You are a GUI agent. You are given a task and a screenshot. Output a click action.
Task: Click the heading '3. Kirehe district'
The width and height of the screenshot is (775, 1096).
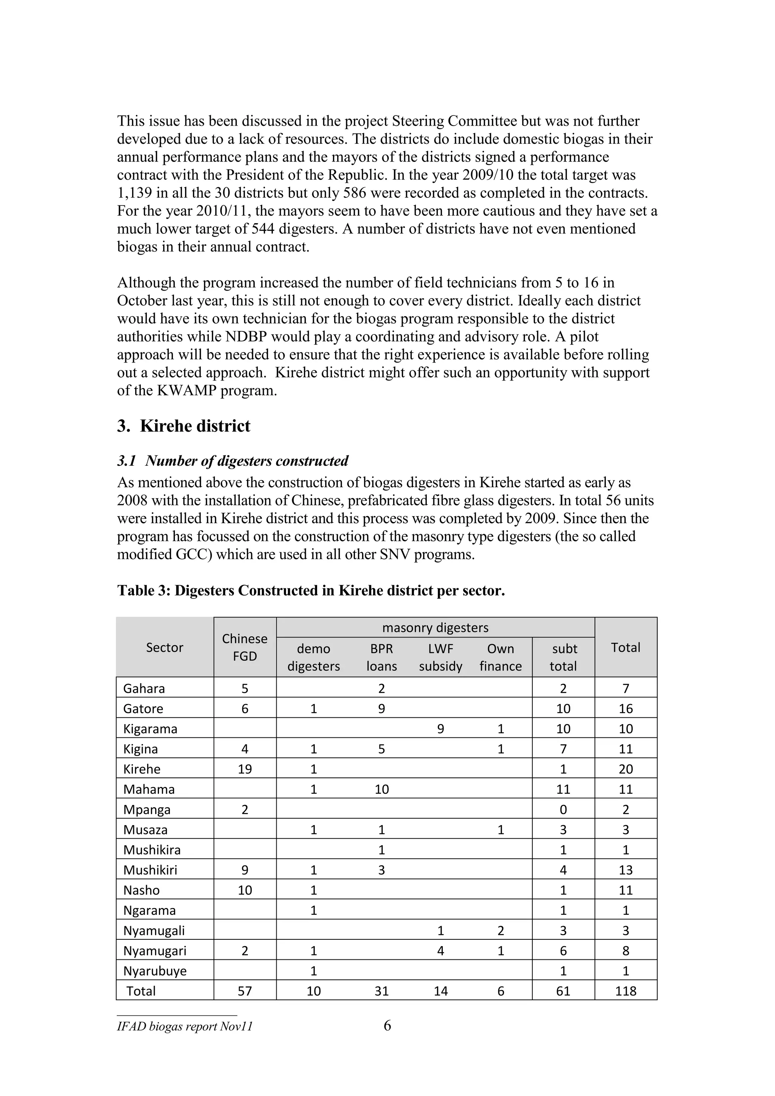click(x=184, y=426)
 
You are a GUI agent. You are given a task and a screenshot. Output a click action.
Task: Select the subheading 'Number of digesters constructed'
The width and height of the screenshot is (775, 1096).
click(x=246, y=461)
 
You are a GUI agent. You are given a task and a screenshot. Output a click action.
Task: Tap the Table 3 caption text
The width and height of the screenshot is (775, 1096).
click(x=311, y=591)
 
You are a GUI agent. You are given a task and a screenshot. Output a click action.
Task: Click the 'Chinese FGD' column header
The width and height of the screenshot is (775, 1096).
click(x=244, y=647)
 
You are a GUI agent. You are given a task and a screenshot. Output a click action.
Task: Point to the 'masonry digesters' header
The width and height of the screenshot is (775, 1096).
click(x=435, y=627)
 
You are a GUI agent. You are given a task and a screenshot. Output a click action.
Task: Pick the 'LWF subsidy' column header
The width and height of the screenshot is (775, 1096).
click(x=440, y=657)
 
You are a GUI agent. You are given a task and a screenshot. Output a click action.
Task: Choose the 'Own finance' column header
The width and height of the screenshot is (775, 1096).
click(x=500, y=657)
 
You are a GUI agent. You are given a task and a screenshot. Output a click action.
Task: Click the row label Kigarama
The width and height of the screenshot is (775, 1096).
click(x=150, y=729)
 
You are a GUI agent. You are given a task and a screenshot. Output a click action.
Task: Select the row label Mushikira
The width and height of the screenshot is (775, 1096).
click(x=152, y=850)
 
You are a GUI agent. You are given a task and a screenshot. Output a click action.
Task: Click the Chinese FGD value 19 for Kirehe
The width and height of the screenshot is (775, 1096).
click(x=244, y=769)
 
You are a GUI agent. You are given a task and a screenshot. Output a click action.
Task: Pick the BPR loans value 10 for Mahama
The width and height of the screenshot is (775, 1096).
click(x=381, y=790)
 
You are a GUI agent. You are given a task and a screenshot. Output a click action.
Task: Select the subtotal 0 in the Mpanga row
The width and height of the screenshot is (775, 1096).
click(x=563, y=810)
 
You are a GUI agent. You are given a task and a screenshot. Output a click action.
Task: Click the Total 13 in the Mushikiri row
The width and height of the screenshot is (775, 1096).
click(x=625, y=870)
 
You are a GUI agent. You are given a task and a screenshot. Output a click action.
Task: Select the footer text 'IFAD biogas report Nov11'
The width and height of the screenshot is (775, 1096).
click(x=185, y=1026)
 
